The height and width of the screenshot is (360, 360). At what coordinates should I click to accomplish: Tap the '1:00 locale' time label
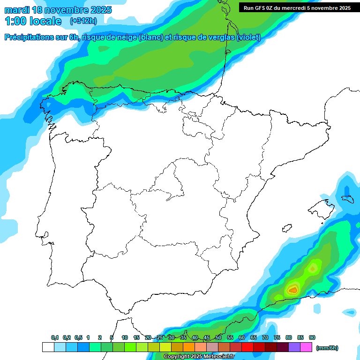point(33,21)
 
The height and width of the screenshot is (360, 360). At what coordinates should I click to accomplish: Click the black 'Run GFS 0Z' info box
point(297,8)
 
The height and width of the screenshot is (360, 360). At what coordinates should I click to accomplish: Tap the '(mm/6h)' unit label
point(327,348)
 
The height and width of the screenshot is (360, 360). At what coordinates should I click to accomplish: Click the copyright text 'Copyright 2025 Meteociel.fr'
point(199,357)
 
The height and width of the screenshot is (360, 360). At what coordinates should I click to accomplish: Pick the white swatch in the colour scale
point(48,347)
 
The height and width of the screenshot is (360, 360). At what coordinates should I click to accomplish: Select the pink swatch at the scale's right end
point(306,347)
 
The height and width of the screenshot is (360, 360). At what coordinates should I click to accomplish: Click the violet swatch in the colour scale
point(294,347)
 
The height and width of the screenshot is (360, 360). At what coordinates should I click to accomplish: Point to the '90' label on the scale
point(312,337)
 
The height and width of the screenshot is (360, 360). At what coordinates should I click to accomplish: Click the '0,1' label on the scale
point(55,337)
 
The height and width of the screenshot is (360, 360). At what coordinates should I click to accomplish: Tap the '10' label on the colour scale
point(125,337)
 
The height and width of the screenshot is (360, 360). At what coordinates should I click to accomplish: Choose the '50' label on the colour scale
point(218,337)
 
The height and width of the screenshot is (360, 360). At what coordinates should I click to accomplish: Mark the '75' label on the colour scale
point(277,337)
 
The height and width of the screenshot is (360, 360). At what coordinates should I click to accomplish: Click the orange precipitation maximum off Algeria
point(293,290)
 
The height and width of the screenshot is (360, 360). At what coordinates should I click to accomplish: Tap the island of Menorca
point(347,198)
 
